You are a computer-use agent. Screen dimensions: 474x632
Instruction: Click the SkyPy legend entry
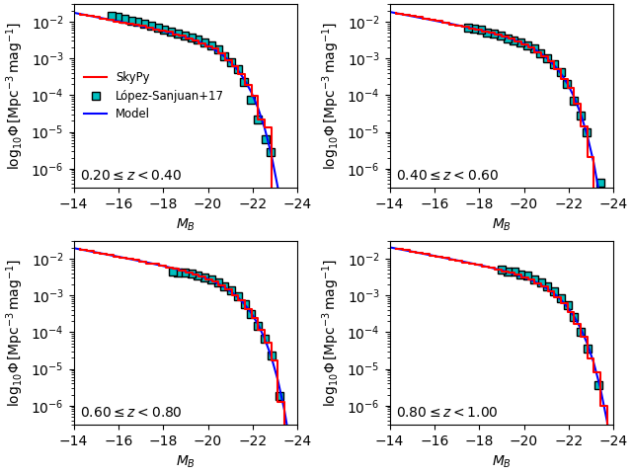132,77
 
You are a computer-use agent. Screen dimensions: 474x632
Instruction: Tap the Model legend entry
132,114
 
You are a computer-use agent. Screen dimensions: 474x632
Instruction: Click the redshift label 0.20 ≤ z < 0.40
130,176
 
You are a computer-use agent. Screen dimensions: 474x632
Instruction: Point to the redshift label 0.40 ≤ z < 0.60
446,176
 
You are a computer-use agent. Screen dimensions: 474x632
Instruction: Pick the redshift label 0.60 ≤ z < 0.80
130,413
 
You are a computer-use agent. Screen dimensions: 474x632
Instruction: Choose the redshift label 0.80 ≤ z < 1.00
446,413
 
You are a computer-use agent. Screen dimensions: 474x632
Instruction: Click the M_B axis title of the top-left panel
186,224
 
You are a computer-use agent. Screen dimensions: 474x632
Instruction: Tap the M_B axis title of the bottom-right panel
502,461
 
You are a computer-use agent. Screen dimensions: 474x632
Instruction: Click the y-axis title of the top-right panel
330,96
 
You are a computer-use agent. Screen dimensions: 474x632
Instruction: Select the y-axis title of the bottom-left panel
14,333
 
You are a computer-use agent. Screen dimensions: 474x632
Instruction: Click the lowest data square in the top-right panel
600,183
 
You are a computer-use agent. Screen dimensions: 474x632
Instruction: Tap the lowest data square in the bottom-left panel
279,396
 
